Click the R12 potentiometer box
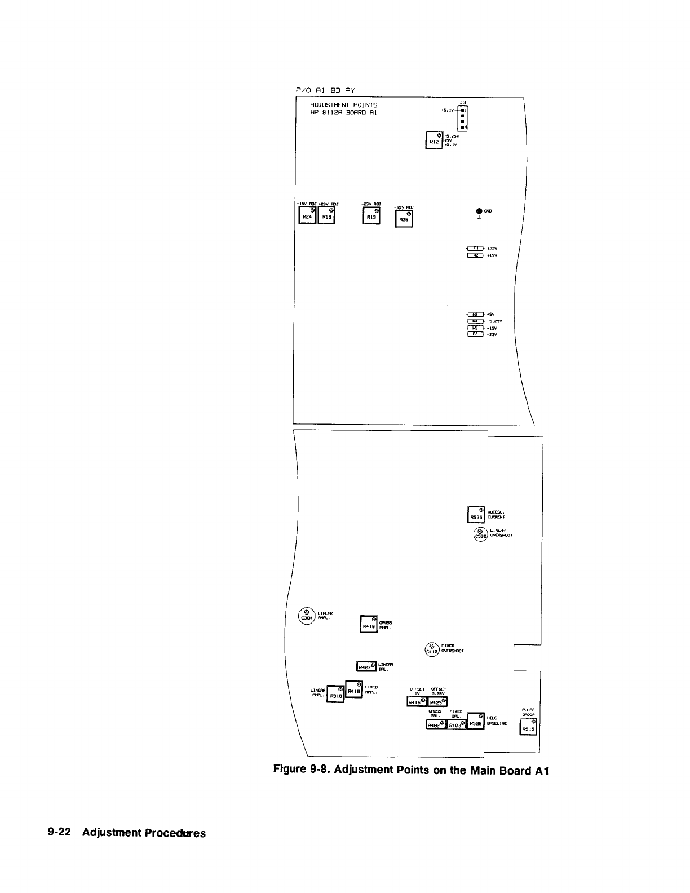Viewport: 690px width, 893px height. point(434,140)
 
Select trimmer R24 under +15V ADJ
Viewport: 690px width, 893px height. point(307,215)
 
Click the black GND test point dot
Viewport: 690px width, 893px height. point(479,211)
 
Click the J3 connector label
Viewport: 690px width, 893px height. point(463,102)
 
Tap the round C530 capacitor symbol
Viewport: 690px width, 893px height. point(480,533)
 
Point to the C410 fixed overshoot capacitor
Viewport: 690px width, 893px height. point(432,649)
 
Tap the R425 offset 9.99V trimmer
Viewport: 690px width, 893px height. point(437,702)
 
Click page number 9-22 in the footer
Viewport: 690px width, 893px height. point(59,833)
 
